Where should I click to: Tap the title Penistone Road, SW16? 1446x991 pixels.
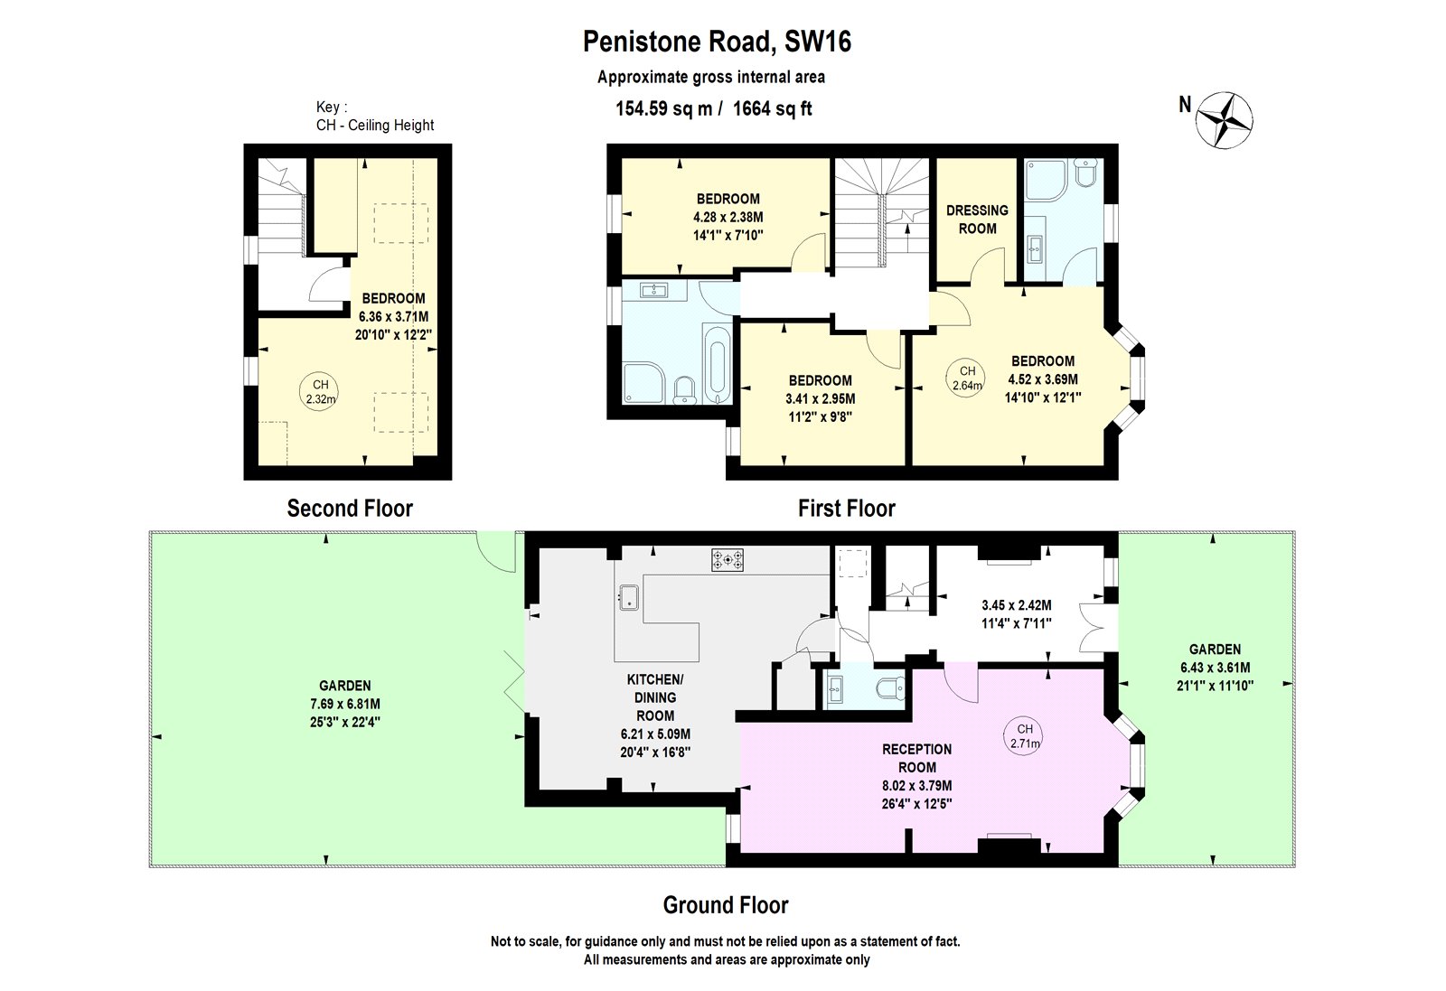(717, 42)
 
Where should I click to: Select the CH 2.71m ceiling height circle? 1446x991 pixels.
(1024, 736)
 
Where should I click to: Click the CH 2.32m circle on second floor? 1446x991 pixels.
(320, 391)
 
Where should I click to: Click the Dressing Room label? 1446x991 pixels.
(977, 220)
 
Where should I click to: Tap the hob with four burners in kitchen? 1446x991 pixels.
(728, 560)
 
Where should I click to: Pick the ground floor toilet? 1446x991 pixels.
(889, 689)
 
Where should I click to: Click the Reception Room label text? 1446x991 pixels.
(916, 758)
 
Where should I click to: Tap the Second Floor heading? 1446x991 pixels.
(350, 509)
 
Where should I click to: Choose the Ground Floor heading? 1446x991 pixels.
(726, 905)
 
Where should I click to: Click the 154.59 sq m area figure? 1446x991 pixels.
(664, 109)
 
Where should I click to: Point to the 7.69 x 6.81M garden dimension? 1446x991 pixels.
(345, 704)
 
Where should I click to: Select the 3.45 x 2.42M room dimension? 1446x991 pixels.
(1016, 605)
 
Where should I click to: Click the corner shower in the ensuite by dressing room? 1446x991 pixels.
(1046, 179)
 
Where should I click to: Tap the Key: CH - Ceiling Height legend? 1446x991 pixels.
(374, 117)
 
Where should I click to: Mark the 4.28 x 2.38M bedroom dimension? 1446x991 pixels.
(728, 217)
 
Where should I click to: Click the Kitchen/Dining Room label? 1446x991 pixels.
(655, 697)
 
